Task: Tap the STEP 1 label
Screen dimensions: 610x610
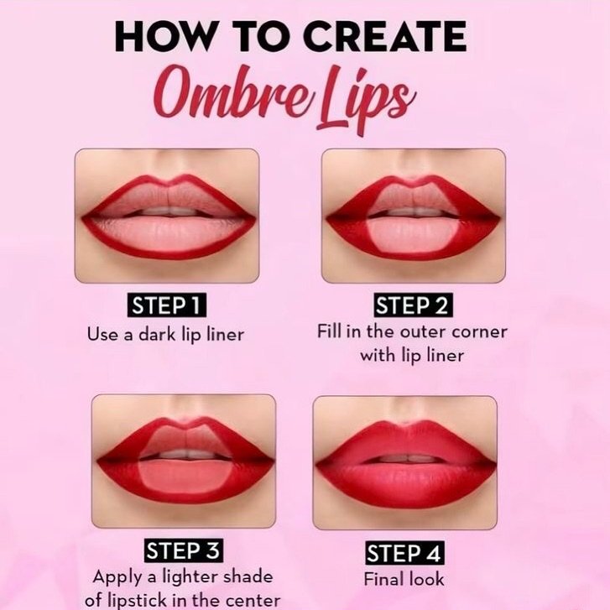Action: [166, 305]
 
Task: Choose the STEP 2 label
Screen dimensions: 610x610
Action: [411, 305]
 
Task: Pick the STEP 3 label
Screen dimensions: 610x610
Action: [183, 551]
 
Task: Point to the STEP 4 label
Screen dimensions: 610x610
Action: [404, 553]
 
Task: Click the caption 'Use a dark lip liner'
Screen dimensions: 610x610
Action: [166, 333]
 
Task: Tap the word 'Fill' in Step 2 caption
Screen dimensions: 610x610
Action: [330, 331]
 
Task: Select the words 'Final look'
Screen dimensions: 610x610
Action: [404, 579]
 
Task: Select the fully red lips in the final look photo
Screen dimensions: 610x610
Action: [404, 461]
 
